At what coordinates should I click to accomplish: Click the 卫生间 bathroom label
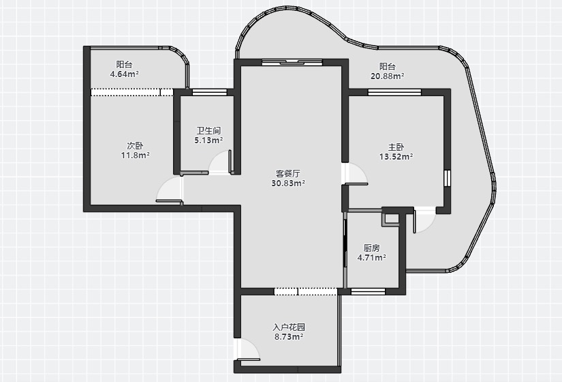tap(208, 130)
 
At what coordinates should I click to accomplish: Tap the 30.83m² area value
tap(288, 183)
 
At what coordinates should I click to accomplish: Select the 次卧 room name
tap(135, 145)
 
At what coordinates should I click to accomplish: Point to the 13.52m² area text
tap(396, 156)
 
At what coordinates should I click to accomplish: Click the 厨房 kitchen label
tap(372, 248)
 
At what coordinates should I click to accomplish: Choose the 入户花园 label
tap(289, 327)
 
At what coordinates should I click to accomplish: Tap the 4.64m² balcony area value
tap(125, 74)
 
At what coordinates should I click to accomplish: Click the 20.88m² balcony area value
tap(388, 76)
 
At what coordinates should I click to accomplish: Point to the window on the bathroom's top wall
tap(209, 92)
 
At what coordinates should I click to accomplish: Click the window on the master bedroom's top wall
tap(394, 92)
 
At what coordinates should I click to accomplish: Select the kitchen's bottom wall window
tap(368, 291)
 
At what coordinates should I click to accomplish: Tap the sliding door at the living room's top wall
tap(292, 63)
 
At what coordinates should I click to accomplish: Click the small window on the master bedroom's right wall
tap(447, 178)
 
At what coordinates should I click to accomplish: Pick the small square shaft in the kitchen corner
tap(392, 219)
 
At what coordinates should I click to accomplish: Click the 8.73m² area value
tap(289, 337)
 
